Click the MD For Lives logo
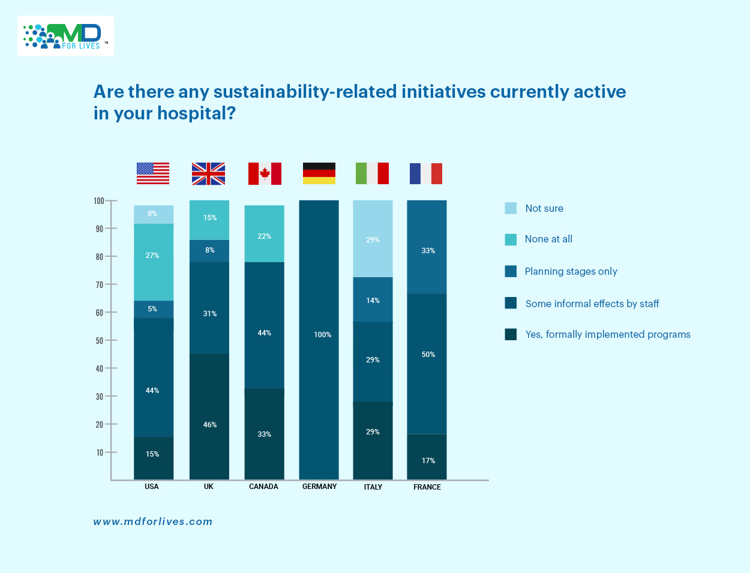[x=65, y=36]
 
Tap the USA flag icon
[x=153, y=173]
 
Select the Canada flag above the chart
[x=265, y=173]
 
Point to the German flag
[x=319, y=173]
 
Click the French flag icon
[x=426, y=173]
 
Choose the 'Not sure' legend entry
[x=544, y=208]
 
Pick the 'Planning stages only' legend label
[x=571, y=271]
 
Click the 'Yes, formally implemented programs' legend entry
[x=607, y=334]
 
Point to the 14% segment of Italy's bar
[x=373, y=300]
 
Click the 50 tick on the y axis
[x=100, y=340]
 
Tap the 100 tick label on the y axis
[x=99, y=201]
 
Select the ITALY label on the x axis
[x=373, y=487]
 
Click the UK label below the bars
[x=209, y=487]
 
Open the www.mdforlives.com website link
[x=153, y=521]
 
